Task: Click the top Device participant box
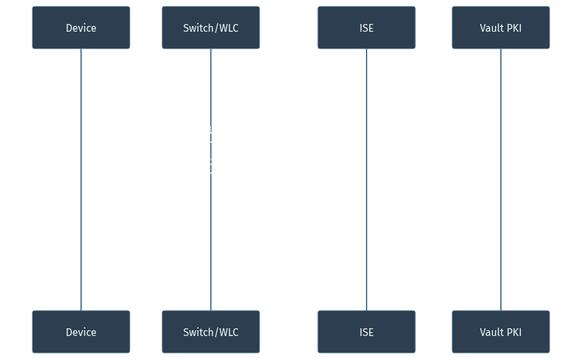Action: [x=81, y=28]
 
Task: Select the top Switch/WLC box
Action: [x=211, y=28]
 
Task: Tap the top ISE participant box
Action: [x=366, y=28]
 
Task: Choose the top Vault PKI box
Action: [x=500, y=28]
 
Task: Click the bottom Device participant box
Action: [x=81, y=331]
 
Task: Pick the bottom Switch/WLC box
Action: [x=211, y=331]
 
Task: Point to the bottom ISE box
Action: [x=366, y=331]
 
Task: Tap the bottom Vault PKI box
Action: [x=500, y=331]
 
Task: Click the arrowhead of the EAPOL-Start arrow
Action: [x=207, y=80]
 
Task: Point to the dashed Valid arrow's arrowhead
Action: [x=370, y=235]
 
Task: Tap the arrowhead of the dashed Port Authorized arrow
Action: [x=85, y=298]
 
